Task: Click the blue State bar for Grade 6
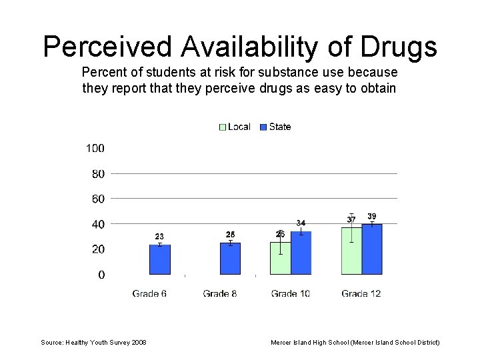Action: click(x=159, y=259)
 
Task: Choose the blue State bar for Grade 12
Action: click(x=372, y=249)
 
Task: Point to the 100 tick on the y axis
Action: click(x=95, y=148)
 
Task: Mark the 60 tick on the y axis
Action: click(x=97, y=199)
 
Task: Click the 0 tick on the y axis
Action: click(x=101, y=275)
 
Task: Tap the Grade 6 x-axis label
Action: click(x=149, y=293)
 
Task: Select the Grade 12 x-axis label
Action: click(x=361, y=293)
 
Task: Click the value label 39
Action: click(x=372, y=216)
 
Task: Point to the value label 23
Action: click(x=159, y=237)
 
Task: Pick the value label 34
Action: click(x=301, y=223)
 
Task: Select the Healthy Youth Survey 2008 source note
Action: click(x=94, y=342)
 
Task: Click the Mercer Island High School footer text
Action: click(x=355, y=342)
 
